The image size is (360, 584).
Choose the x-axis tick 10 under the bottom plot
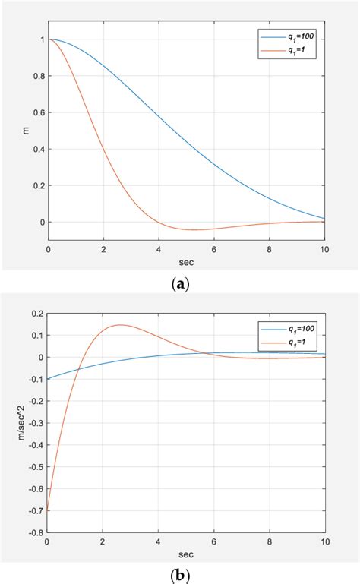324,543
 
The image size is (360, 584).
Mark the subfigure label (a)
180,283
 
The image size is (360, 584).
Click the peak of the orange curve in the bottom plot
120,325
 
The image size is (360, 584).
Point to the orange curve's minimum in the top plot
196,229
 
